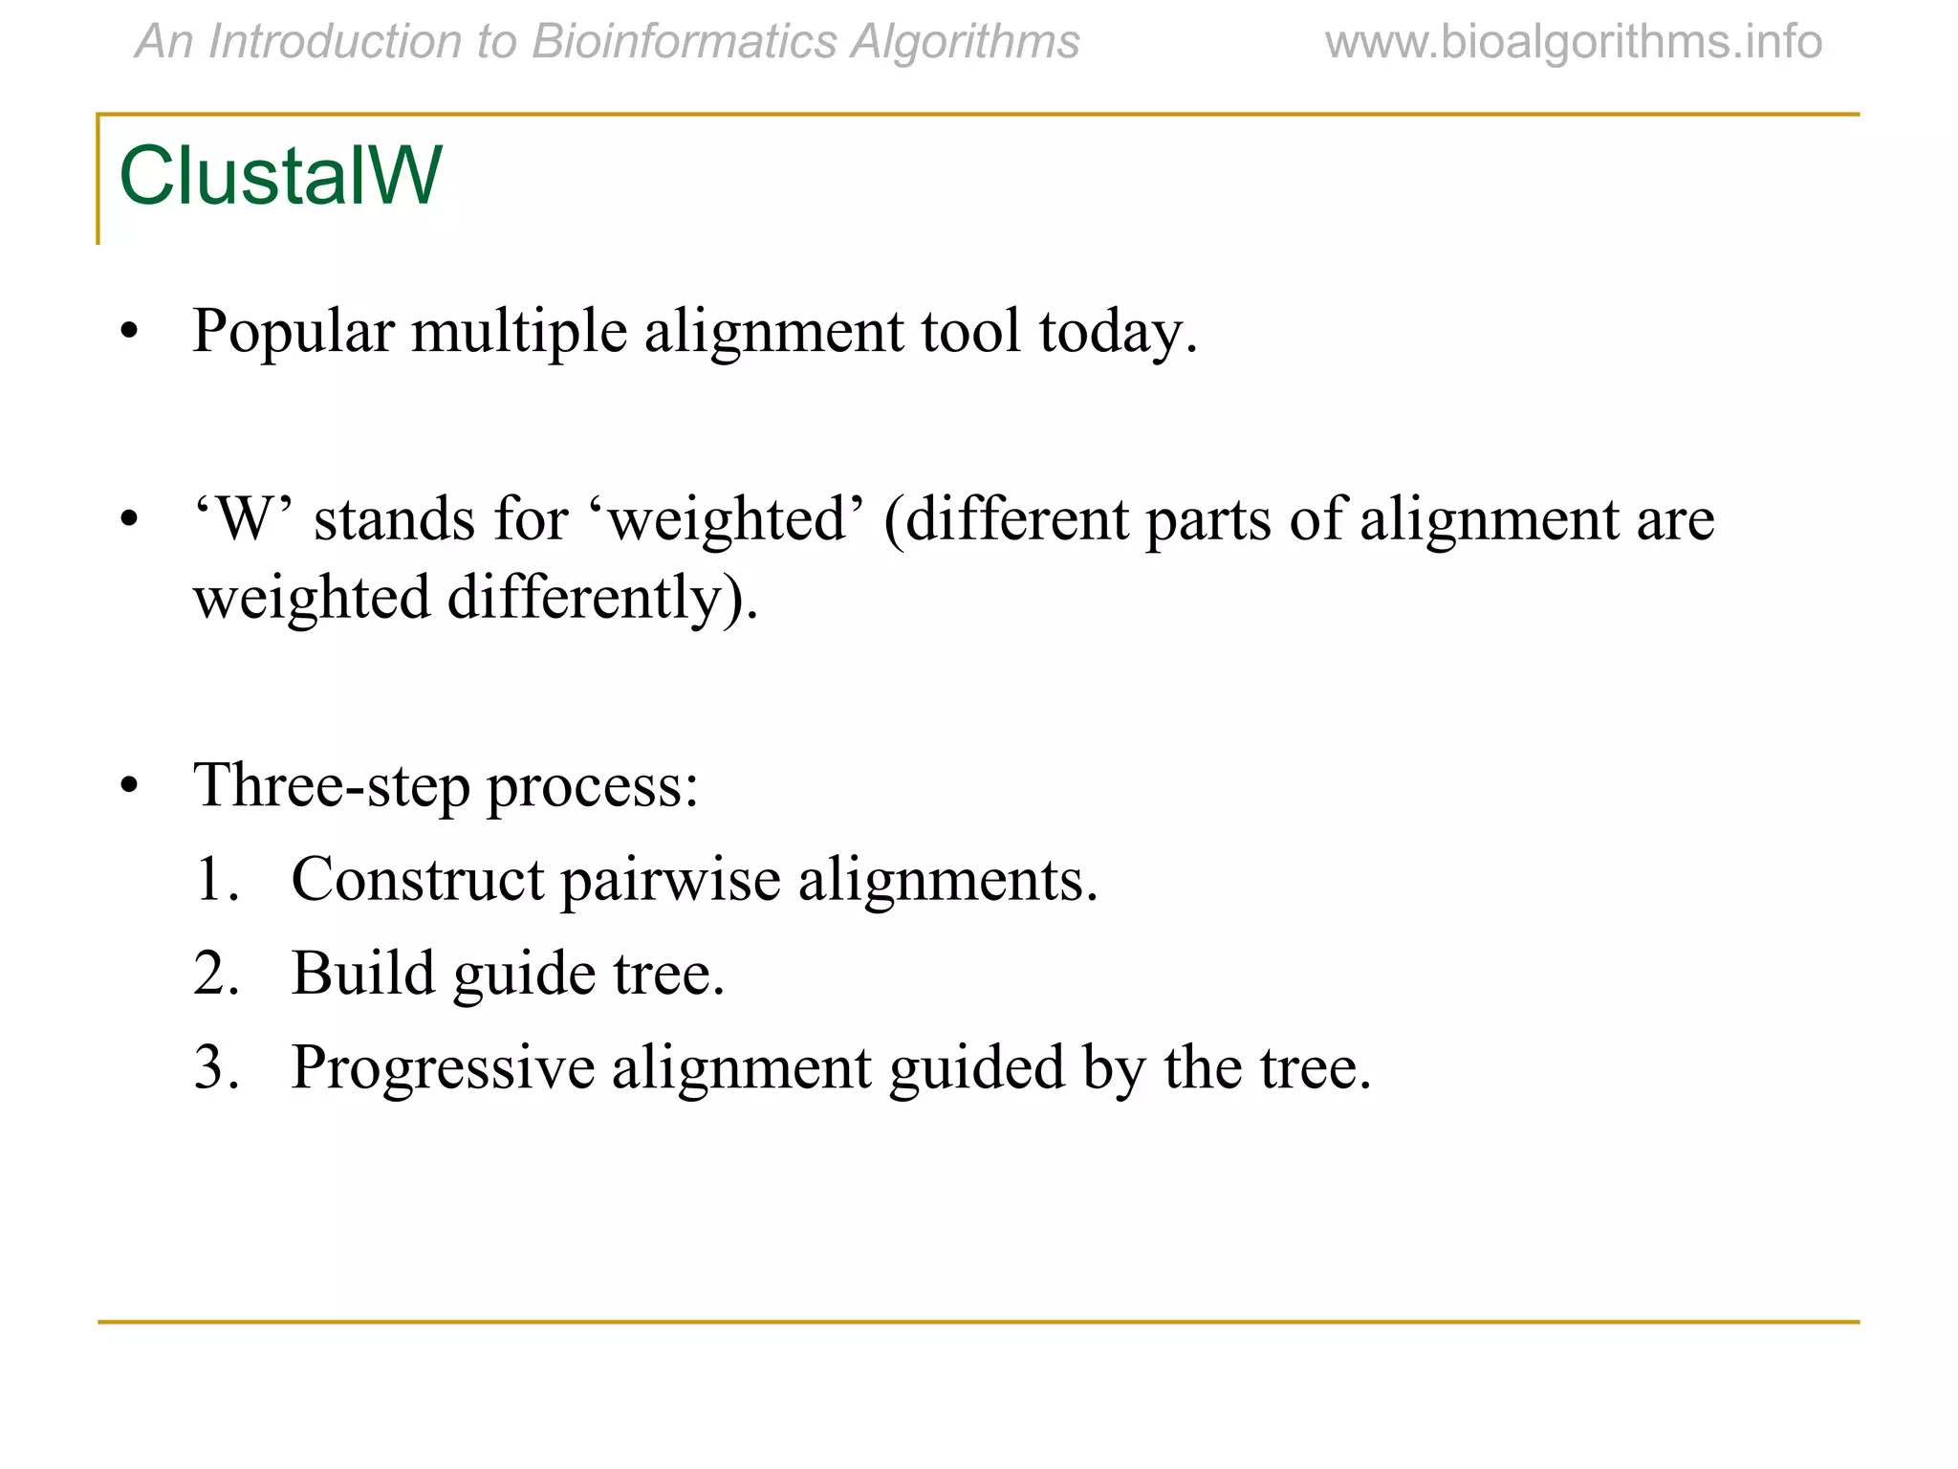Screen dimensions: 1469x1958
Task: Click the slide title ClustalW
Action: pos(280,176)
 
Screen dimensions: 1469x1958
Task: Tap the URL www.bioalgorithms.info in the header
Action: pos(1574,43)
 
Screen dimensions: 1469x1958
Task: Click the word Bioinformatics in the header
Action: pos(684,43)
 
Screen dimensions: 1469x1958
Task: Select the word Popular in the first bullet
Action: pos(293,332)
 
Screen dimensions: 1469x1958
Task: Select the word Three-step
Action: pos(331,786)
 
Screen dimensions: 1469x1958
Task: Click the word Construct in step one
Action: pos(417,880)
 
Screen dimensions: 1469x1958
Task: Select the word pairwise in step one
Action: pos(670,880)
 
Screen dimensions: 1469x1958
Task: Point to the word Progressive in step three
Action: pos(443,1067)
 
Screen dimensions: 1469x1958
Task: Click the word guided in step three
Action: pos(976,1067)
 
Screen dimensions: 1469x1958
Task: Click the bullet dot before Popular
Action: pos(130,334)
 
